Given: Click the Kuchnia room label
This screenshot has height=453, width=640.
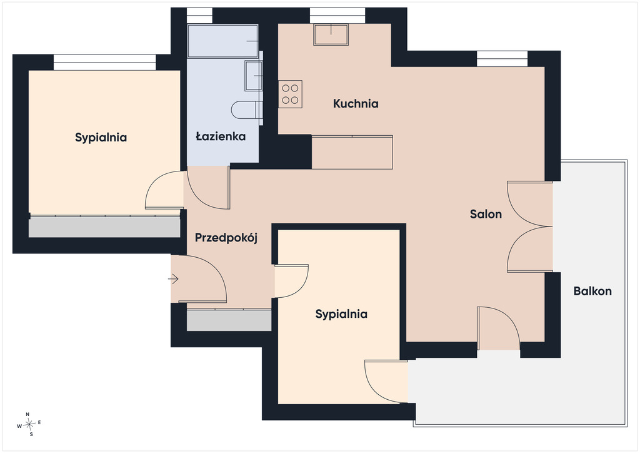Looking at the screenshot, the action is tap(356, 104).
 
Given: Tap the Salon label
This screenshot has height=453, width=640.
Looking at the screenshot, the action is tap(486, 214).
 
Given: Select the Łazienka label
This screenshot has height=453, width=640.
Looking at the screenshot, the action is tap(221, 136).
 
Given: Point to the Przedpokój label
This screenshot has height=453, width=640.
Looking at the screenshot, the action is tap(226, 238).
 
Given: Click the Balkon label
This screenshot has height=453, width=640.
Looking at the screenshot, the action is tap(592, 291).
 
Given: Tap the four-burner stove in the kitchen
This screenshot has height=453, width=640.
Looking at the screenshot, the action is tap(290, 94).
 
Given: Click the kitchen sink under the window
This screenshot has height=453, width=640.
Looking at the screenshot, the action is tap(331, 34).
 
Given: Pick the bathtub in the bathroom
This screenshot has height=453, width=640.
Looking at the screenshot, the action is tap(223, 41).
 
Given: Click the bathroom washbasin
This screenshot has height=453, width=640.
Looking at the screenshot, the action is tap(254, 76).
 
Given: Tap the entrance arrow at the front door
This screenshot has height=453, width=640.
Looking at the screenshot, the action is tap(174, 280).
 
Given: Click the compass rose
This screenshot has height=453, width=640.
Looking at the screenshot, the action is tap(29, 425).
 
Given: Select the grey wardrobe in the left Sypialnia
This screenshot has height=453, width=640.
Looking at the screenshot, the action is tap(104, 227).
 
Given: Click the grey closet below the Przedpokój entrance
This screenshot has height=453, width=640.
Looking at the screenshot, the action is tap(229, 320).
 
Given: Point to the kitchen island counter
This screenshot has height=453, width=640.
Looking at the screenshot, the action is tap(352, 153).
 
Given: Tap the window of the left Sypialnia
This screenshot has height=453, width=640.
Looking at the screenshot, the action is tap(105, 63).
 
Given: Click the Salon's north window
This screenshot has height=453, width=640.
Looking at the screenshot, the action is tap(502, 59).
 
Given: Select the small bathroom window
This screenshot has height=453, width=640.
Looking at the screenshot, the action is tap(199, 16).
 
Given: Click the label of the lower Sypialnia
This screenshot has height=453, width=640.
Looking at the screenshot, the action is tap(341, 314).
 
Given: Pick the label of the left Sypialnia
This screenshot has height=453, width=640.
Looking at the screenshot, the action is tap(101, 138).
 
